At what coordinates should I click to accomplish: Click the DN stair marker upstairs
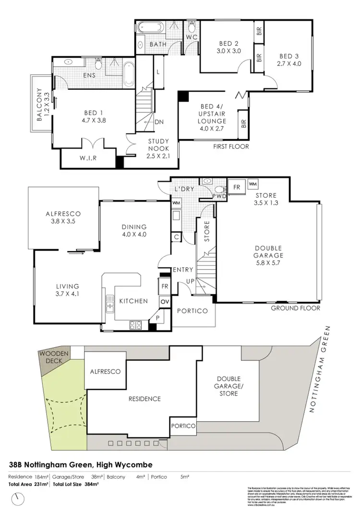tap(158, 122)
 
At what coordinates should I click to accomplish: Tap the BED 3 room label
tap(289, 59)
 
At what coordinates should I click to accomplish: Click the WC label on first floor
tap(191, 37)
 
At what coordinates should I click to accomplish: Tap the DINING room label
tap(134, 230)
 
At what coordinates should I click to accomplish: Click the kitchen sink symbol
tap(109, 306)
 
